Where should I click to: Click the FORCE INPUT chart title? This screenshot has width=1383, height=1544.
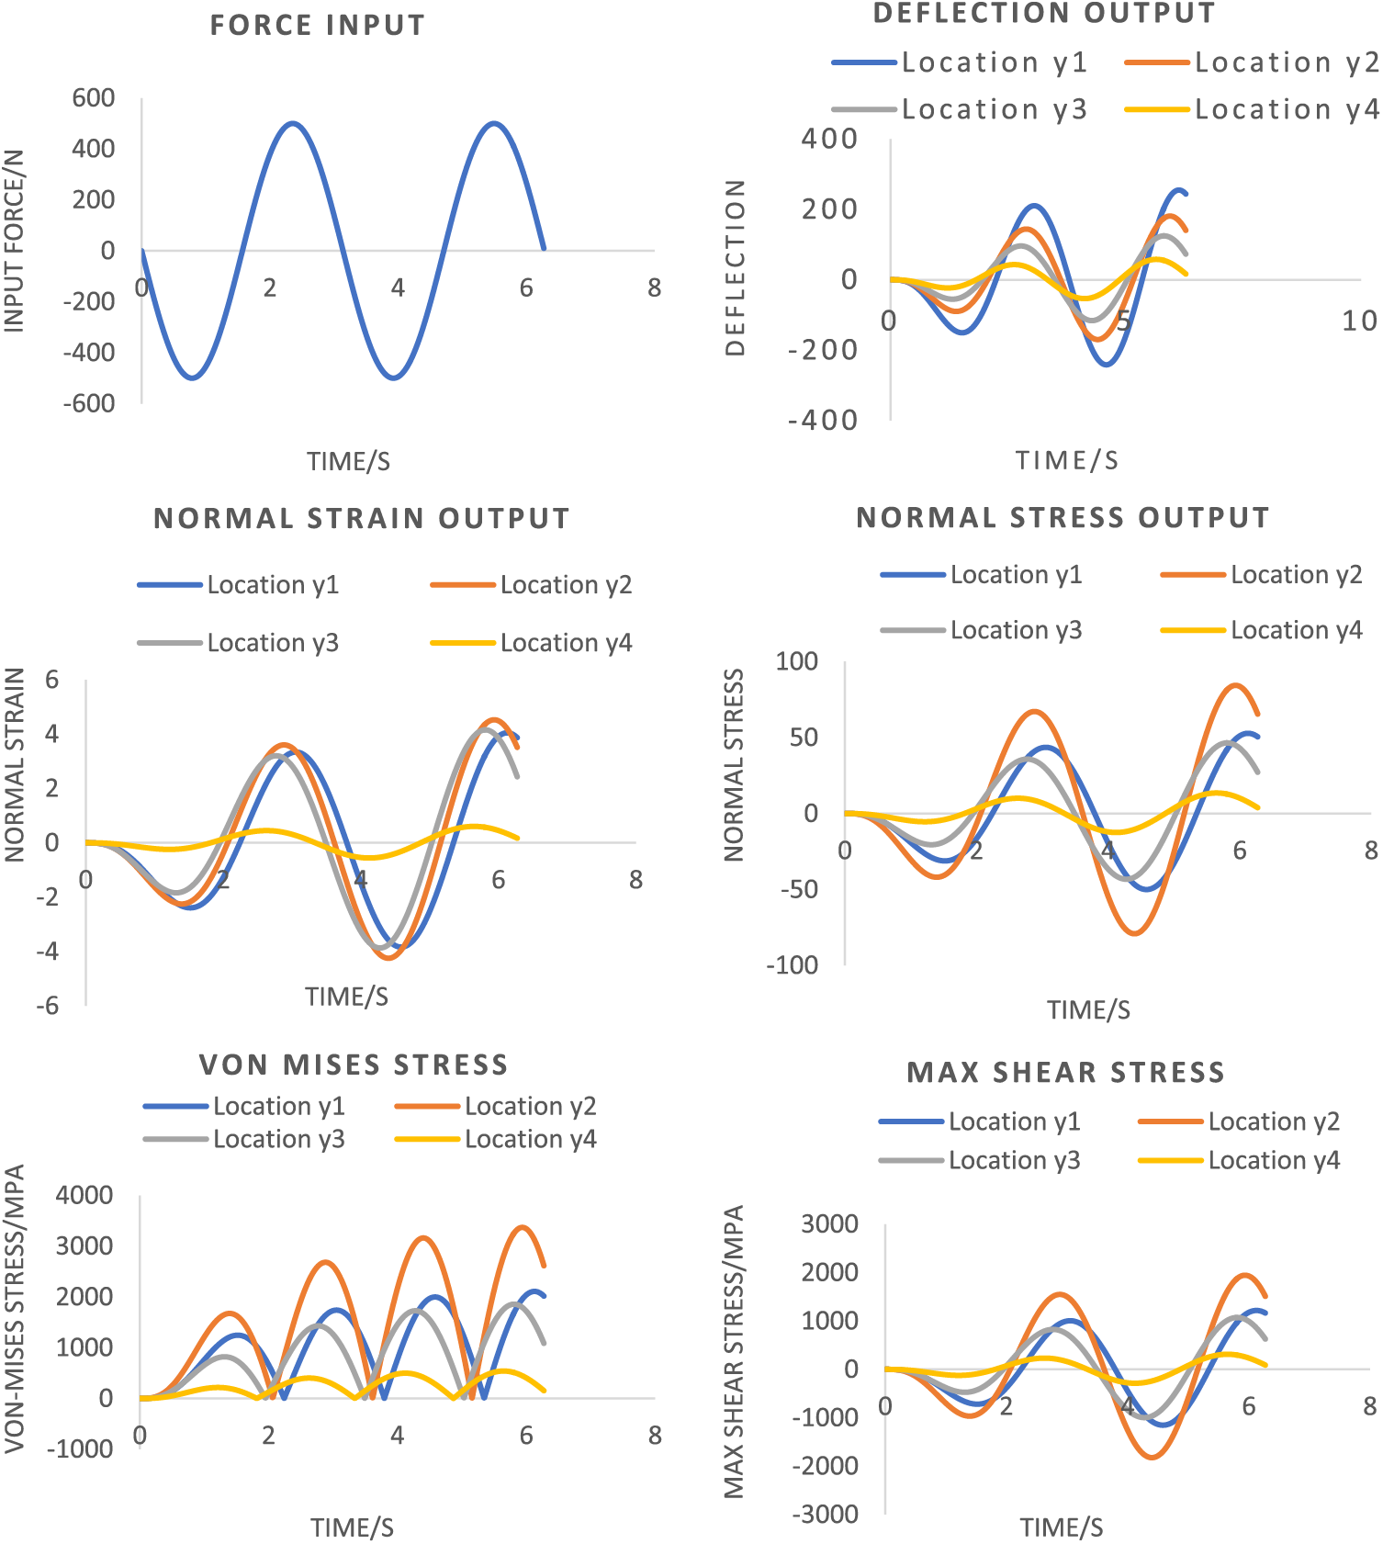(x=318, y=26)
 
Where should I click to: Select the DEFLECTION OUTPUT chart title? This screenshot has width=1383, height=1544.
(x=1044, y=14)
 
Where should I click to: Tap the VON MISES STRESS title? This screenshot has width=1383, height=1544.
(x=354, y=1065)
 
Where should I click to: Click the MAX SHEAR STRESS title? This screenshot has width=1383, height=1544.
(x=1065, y=1072)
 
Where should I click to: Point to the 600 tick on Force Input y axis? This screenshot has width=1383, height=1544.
(x=94, y=98)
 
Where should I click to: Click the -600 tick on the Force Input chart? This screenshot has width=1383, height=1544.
(x=89, y=403)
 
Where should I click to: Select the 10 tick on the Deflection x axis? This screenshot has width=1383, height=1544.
(x=1359, y=321)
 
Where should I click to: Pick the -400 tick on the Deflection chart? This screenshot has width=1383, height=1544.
(x=823, y=421)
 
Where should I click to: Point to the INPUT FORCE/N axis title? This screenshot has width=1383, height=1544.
(x=15, y=241)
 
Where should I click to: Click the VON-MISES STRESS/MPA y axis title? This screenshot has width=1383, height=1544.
(x=15, y=1309)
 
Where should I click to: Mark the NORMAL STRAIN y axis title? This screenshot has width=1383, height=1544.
(x=15, y=765)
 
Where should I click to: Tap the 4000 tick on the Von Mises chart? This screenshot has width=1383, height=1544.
(x=84, y=1196)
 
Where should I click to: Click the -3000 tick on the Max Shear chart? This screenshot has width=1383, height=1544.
(x=826, y=1515)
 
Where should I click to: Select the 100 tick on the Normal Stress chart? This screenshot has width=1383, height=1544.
(x=796, y=661)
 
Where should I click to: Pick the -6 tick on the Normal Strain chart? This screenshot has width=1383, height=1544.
(x=48, y=1006)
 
